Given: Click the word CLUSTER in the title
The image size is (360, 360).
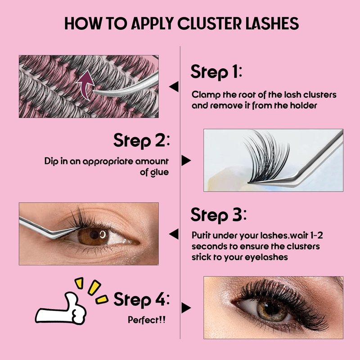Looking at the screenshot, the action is point(209,23).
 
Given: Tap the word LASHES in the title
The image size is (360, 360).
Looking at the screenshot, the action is point(272,23).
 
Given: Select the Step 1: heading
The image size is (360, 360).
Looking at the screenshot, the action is point(216,72).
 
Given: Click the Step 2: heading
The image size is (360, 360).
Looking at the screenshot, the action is point(142,140).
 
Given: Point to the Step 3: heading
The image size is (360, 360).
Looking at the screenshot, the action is point(219,215).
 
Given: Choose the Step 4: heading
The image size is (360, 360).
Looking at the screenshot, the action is point(142,299).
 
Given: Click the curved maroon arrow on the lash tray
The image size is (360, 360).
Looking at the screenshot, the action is point(85,85).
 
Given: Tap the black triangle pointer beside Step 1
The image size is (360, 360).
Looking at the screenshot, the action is point(174,86).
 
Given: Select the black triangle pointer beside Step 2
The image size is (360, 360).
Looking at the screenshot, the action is point(186,160).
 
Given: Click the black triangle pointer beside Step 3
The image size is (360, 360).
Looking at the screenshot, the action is point(174,234).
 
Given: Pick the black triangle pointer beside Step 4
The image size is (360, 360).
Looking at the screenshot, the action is point(186,308).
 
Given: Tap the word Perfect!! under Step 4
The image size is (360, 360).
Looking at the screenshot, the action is point(147,319).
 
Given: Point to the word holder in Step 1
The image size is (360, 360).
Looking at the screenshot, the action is point(303,105).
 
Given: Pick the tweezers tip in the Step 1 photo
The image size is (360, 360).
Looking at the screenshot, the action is point(94,92).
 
